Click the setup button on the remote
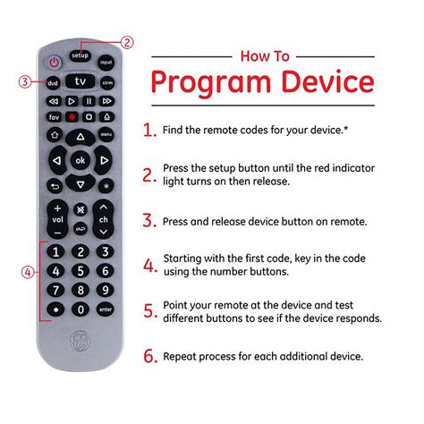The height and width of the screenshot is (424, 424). click(x=81, y=55)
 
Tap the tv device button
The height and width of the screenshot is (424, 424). click(x=81, y=81)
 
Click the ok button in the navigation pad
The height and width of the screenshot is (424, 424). click(x=81, y=161)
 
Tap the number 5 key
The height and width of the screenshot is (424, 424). click(x=81, y=270)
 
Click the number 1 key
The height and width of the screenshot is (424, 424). click(x=55, y=251)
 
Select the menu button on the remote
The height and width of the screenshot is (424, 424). click(x=106, y=134)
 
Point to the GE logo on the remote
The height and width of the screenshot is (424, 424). click(x=81, y=343)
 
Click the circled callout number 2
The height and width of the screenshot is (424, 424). click(x=128, y=42)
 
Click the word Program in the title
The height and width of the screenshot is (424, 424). click(x=204, y=83)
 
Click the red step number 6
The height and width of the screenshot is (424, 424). click(x=149, y=356)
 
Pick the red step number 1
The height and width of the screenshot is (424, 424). click(x=149, y=130)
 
